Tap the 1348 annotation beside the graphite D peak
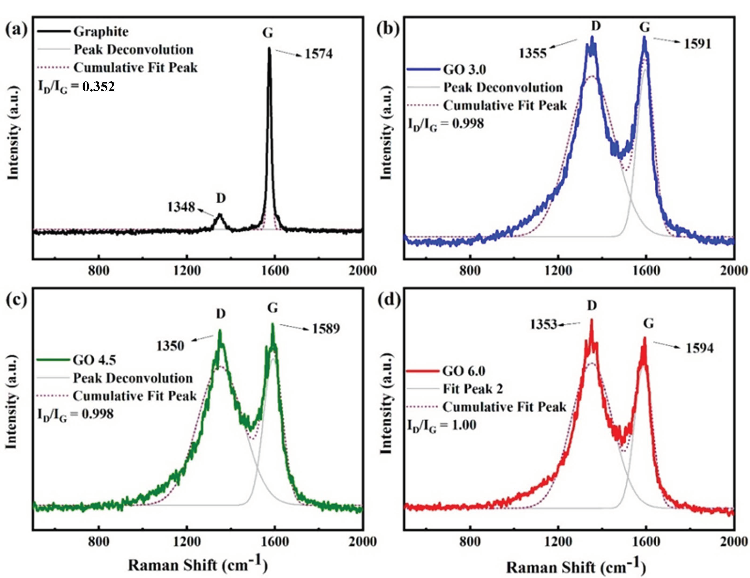[181, 207]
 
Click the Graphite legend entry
[101, 32]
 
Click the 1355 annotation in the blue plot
[532, 54]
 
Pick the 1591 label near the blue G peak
[697, 44]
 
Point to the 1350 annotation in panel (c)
[170, 346]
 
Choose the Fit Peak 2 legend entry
[472, 389]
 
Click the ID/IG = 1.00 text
[442, 426]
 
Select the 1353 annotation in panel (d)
[543, 324]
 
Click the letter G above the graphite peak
[268, 33]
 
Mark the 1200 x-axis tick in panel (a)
[186, 271]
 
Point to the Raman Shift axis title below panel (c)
[197, 565]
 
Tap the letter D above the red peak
[592, 305]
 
